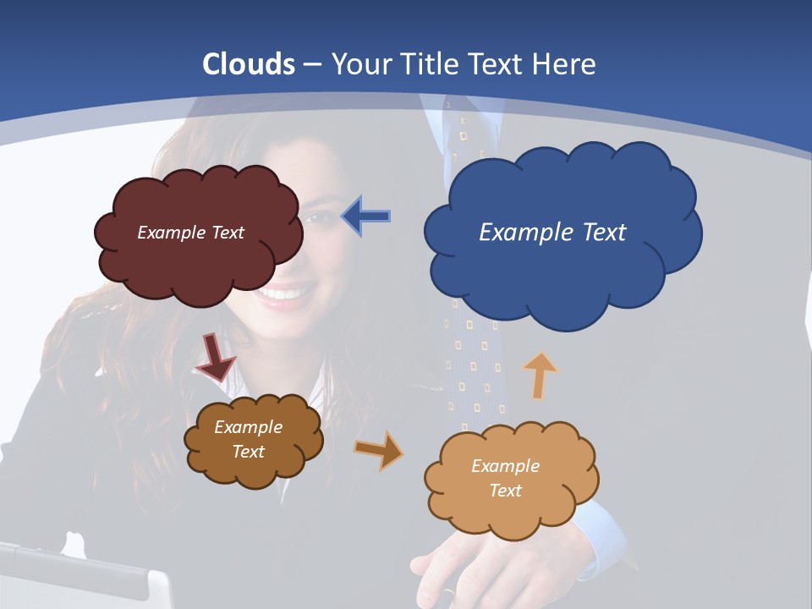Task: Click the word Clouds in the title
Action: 249,64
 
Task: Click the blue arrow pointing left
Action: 365,217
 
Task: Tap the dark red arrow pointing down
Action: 216,357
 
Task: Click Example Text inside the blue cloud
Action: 552,232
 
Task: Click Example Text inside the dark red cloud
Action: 190,232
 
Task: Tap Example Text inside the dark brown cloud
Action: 249,439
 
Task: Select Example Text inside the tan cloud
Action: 505,478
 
